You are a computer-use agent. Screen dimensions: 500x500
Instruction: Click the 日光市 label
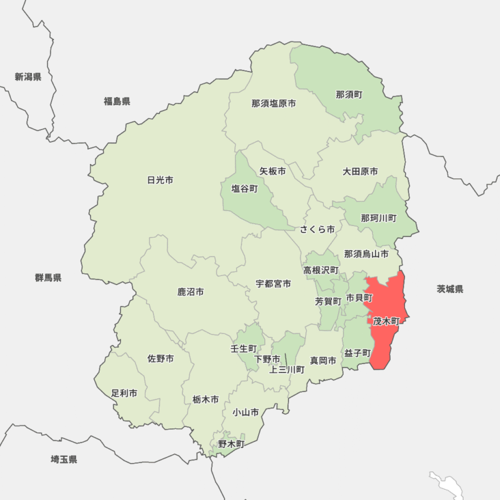(160, 180)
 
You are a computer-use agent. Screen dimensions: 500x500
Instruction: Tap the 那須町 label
(349, 95)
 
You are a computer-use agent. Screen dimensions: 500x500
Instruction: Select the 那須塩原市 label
(273, 104)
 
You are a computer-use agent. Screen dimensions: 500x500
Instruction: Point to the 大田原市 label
(360, 172)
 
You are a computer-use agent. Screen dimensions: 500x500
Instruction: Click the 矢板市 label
(272, 172)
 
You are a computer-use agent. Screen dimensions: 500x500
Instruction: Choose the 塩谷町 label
(244, 189)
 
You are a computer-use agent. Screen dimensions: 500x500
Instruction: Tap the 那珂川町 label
(378, 218)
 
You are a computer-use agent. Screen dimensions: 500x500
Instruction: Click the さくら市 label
(317, 230)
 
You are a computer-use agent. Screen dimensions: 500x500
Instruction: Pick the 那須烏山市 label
(366, 254)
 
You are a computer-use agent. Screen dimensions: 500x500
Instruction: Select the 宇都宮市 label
(273, 284)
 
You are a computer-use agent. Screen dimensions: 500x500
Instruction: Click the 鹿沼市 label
(190, 292)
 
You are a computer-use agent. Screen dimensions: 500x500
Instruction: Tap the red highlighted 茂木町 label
(386, 322)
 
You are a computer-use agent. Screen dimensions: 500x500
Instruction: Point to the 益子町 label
(357, 353)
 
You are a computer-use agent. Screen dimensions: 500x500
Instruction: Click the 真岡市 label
(323, 360)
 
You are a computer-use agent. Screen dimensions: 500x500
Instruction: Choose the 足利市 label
(124, 393)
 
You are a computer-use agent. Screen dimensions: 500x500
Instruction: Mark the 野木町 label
(230, 444)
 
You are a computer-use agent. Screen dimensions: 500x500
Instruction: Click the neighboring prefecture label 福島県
(117, 101)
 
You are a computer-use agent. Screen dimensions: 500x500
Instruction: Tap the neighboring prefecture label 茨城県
(450, 289)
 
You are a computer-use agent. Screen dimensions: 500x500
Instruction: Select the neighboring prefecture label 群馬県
(48, 277)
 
